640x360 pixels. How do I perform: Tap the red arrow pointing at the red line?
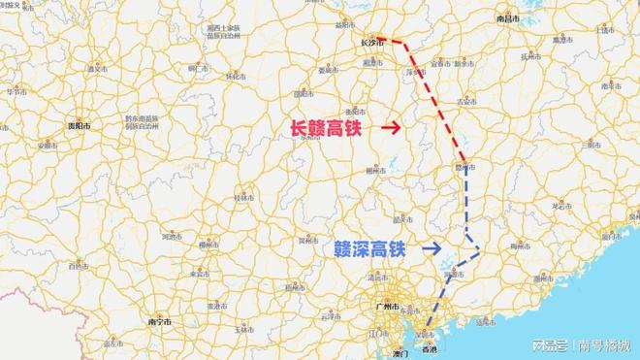point(391,127)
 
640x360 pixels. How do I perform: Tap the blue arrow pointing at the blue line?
point(432,247)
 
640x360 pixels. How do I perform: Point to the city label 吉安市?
point(469,101)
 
